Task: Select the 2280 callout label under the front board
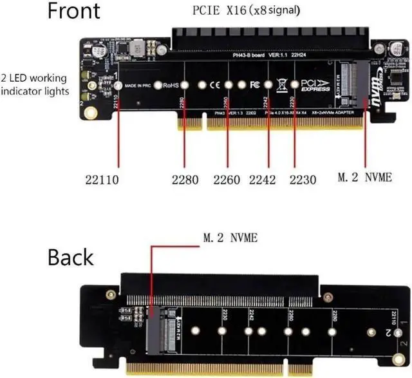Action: (184, 180)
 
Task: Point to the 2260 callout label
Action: (226, 180)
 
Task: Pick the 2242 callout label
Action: (267, 180)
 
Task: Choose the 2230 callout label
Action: (302, 180)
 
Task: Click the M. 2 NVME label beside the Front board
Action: (364, 176)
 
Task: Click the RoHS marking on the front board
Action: (170, 85)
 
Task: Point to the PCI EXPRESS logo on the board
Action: (315, 86)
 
